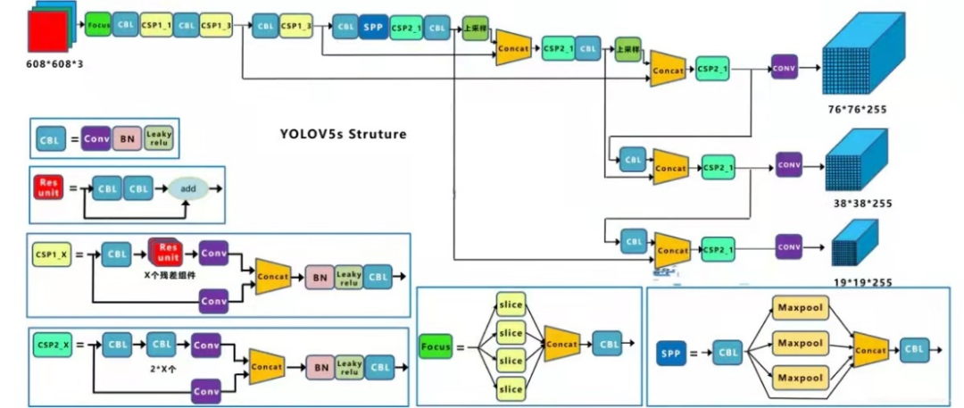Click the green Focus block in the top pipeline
click(98, 26)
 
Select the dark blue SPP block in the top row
click(373, 28)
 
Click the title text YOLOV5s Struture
click(343, 135)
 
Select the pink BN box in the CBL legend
click(127, 139)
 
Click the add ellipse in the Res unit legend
click(188, 188)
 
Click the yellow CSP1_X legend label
click(50, 254)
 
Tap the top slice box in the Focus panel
click(511, 304)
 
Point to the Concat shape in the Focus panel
click(561, 345)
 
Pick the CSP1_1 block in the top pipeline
click(155, 26)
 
